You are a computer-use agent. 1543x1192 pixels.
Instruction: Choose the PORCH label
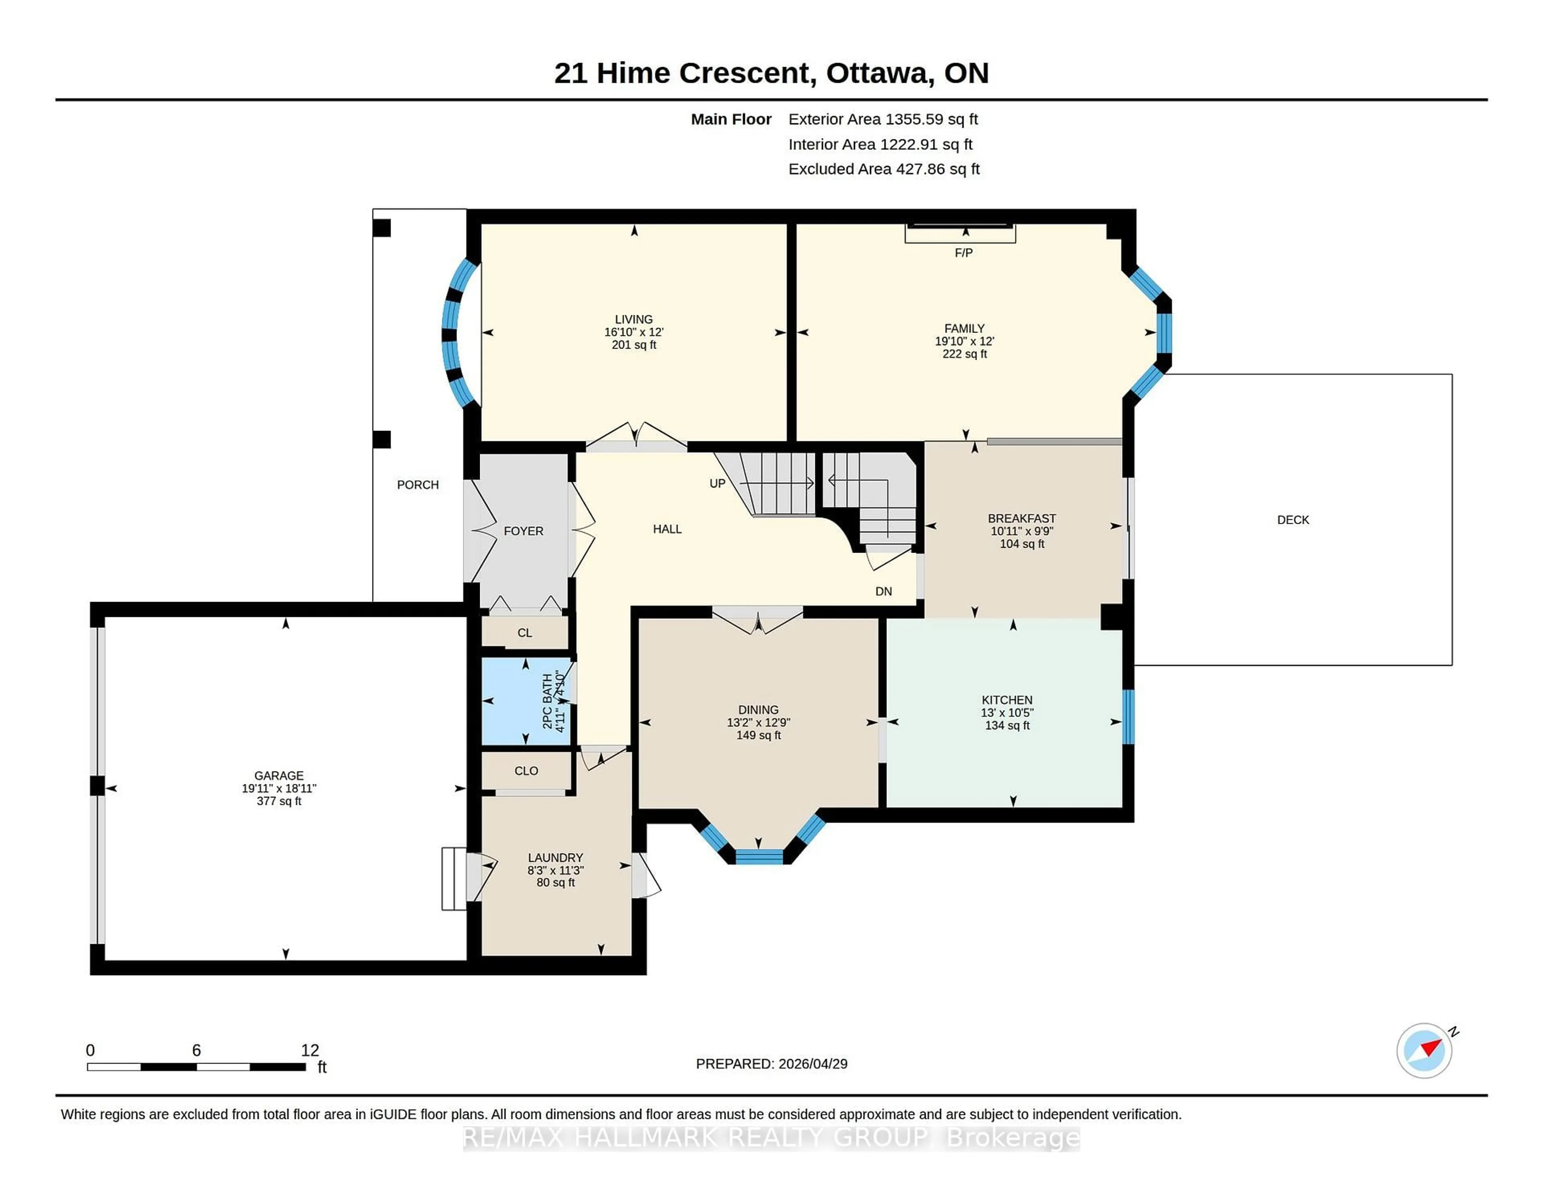tap(417, 484)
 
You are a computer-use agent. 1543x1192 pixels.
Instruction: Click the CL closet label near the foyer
tap(524, 633)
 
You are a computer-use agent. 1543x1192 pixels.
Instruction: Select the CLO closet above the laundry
tap(526, 770)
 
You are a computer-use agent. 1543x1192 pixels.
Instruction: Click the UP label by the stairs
tap(717, 484)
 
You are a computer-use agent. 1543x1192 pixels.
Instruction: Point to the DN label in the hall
tap(883, 591)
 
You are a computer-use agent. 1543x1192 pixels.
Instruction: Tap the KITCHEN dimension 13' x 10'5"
tap(1006, 712)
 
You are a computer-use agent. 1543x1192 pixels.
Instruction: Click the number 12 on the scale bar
tap(309, 1050)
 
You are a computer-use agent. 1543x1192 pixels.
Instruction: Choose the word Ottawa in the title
tap(876, 73)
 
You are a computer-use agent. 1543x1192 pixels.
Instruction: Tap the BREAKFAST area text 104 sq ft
tap(1021, 544)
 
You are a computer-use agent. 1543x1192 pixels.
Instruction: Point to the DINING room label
tap(758, 710)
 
